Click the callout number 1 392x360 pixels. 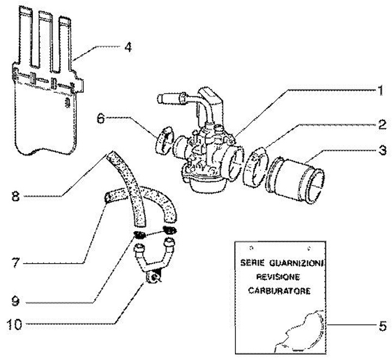[x=380, y=90]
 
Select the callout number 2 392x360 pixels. [x=382, y=125]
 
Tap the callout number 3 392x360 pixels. [x=382, y=151]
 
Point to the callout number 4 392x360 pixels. [x=128, y=47]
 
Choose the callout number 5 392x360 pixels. [x=383, y=326]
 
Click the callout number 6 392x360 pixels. [x=101, y=119]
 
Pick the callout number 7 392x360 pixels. [x=15, y=263]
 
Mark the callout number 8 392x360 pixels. [x=15, y=196]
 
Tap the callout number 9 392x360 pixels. [x=15, y=301]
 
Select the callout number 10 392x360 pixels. [x=15, y=324]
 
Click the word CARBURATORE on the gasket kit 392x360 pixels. [x=279, y=291]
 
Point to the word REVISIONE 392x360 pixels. [x=278, y=277]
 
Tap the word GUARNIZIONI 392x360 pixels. [x=297, y=263]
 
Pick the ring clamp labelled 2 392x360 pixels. [x=255, y=166]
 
